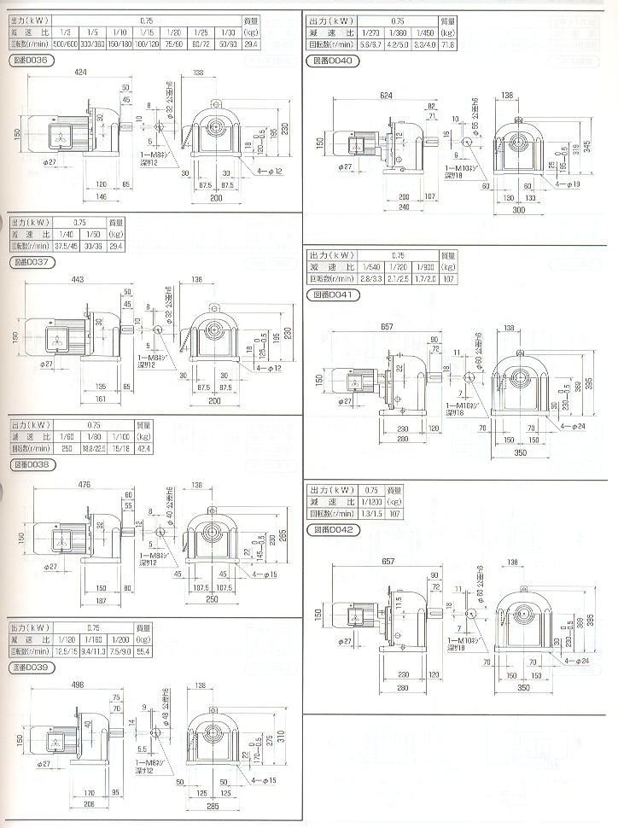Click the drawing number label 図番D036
tap(33, 61)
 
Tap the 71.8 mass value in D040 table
tap(447, 43)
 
